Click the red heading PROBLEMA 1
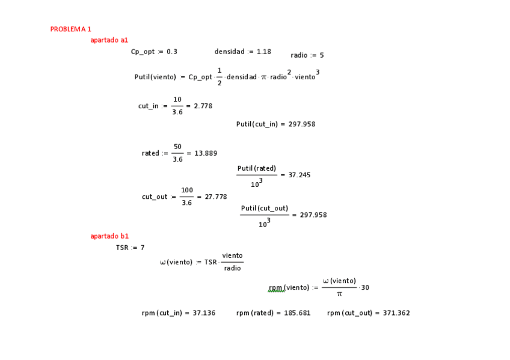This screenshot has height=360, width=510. (x=70, y=29)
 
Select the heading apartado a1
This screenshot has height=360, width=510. (x=109, y=40)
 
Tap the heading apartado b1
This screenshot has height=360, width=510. (x=109, y=236)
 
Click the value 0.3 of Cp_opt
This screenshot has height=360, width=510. (x=172, y=52)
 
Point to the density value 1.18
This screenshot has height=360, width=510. (x=264, y=52)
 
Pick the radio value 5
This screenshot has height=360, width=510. (x=322, y=55)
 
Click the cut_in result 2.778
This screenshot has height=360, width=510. (x=203, y=106)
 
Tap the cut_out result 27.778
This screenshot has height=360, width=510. (x=215, y=197)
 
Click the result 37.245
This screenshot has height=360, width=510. (x=300, y=175)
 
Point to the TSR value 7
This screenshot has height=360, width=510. (x=143, y=248)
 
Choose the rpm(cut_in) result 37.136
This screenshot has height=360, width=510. (x=204, y=313)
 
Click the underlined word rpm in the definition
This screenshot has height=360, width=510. (x=276, y=288)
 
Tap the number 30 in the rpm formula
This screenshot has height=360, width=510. (x=365, y=287)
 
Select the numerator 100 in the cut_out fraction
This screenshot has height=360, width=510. (x=187, y=191)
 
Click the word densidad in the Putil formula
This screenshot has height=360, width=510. (x=241, y=78)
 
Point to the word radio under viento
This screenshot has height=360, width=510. (x=232, y=268)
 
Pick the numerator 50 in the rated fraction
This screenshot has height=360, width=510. (x=177, y=147)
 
